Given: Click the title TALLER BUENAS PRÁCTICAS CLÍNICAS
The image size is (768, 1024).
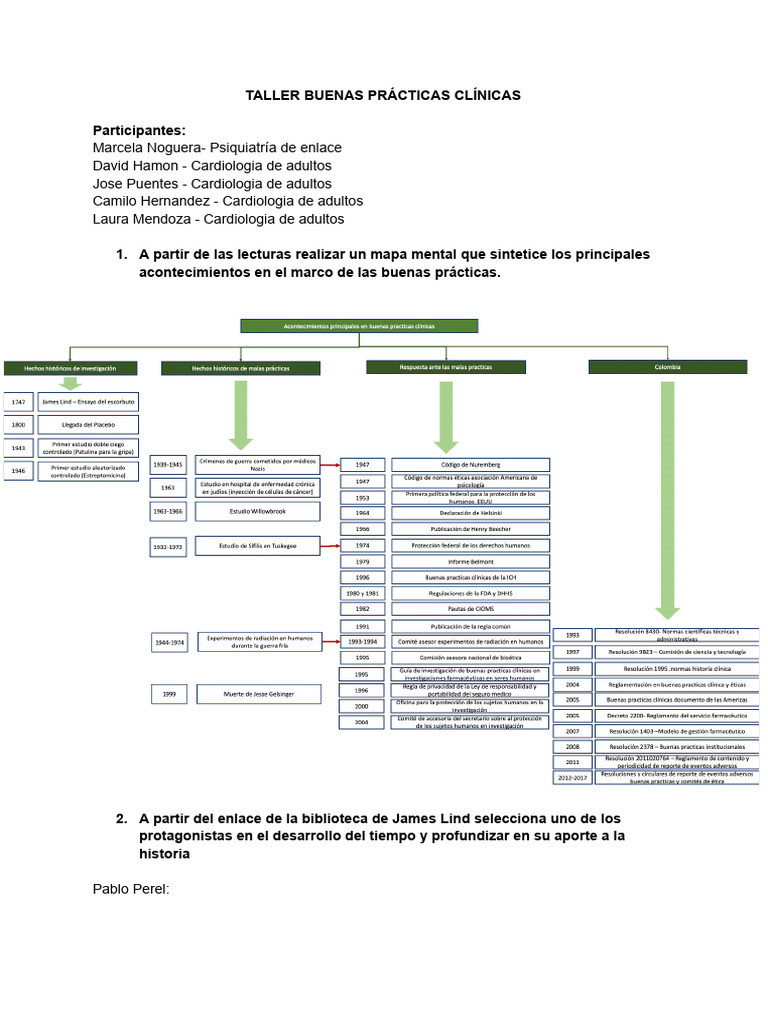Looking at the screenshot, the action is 384,95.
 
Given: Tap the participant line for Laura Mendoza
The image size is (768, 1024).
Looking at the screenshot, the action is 218,219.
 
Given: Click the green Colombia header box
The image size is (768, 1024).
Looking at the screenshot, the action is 667,367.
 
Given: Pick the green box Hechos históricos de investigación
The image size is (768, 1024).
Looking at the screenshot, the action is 70,368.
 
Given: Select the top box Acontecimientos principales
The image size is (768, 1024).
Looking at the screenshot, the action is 359,325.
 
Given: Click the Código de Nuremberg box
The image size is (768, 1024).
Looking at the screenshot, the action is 469,465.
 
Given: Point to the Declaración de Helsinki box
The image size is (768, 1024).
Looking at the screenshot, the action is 469,513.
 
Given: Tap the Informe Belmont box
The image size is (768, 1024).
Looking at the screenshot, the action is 469,561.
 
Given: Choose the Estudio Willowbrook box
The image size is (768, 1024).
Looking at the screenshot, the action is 257,511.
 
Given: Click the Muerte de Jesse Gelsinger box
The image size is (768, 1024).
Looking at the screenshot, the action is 257,693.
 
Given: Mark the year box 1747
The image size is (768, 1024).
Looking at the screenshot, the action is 18,402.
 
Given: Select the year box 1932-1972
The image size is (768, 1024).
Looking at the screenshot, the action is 168,546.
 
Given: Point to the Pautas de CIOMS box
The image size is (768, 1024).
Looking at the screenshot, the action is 469,608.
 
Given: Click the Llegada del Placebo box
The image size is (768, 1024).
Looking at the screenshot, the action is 87,425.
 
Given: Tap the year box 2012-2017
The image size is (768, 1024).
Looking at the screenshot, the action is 571,777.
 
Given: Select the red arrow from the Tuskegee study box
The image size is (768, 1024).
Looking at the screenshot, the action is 331,546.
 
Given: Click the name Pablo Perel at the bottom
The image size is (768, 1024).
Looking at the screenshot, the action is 131,888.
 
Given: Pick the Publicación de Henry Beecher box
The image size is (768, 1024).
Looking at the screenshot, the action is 469,529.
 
